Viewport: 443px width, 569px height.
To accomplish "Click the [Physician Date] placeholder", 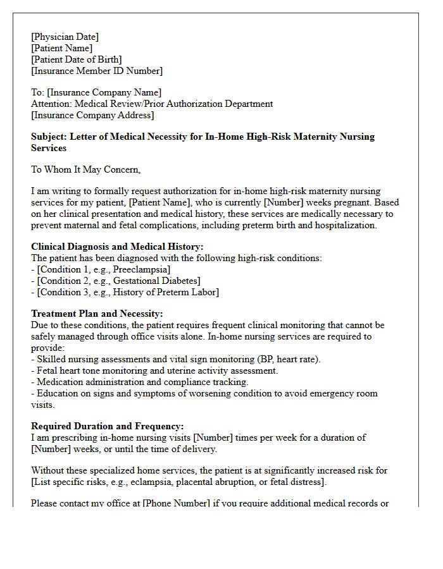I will (x=65, y=37).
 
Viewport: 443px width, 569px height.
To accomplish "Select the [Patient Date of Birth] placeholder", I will (x=77, y=59).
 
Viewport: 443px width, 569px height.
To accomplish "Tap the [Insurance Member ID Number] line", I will (x=97, y=71).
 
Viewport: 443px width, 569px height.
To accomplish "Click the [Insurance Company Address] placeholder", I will (x=92, y=115).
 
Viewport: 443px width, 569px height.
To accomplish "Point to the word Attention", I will (x=51, y=104).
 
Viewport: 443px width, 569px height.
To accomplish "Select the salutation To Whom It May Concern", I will (x=85, y=169).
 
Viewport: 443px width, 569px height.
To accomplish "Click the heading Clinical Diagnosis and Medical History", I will (x=117, y=247).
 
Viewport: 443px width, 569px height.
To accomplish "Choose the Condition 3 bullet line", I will (x=125, y=292).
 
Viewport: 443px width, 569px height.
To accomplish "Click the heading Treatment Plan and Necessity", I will (x=97, y=314).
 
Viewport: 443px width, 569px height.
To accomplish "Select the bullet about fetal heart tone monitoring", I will (x=154, y=370).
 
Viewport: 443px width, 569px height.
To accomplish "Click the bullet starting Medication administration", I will (x=139, y=382).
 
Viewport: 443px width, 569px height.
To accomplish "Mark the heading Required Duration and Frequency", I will (x=108, y=426).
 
